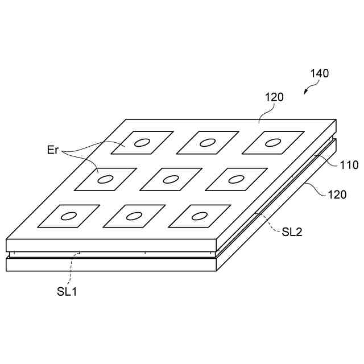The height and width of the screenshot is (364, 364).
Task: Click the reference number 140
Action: click(x=319, y=73)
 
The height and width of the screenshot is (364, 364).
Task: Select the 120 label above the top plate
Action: click(x=274, y=97)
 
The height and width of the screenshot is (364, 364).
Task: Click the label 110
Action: click(x=349, y=166)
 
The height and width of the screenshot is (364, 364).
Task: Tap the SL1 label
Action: click(x=67, y=291)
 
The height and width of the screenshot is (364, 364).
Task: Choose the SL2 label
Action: click(x=292, y=231)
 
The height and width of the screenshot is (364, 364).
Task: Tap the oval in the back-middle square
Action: click(x=208, y=142)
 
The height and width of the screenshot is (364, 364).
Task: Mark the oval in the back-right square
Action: click(x=274, y=142)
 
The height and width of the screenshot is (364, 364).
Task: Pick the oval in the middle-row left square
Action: click(x=106, y=179)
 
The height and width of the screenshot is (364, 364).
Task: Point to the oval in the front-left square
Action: click(x=69, y=216)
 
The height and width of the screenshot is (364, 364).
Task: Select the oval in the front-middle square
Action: click(x=134, y=216)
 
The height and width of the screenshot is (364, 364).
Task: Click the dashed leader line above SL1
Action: click(x=71, y=271)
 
